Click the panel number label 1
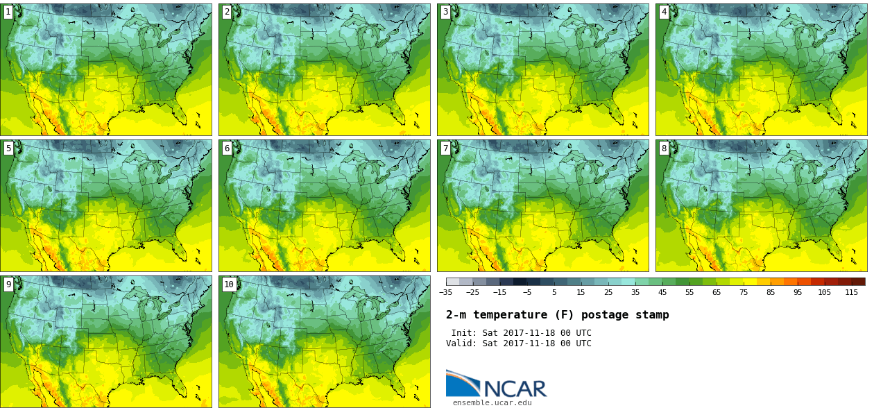click(8, 12)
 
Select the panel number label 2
click(227, 12)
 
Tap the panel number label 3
click(445, 12)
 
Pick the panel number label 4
click(664, 12)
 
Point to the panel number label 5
click(8, 148)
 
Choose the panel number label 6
click(227, 148)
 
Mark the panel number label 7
click(445, 148)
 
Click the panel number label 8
click(664, 148)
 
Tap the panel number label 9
click(8, 284)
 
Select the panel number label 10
click(229, 284)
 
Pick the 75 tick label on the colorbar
click(744, 293)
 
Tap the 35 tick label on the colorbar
click(635, 293)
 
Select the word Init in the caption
click(463, 333)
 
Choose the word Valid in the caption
click(461, 343)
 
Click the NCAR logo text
click(515, 389)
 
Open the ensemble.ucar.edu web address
click(492, 402)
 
